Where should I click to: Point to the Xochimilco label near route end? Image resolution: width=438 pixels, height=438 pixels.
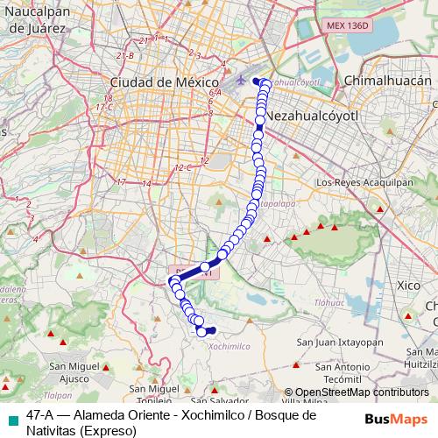pyautogui.click(x=231, y=346)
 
